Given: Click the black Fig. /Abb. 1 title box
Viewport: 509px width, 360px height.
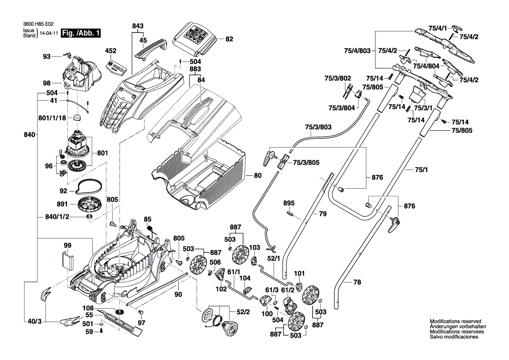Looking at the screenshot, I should [81, 33].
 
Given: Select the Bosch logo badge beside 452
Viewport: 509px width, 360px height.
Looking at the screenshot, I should [118, 67].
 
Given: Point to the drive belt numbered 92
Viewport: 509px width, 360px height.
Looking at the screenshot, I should [89, 188].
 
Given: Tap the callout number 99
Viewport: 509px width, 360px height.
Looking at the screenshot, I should [67, 246].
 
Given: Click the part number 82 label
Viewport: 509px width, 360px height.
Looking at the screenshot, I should [229, 39].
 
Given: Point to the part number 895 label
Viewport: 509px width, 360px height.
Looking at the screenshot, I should [289, 203].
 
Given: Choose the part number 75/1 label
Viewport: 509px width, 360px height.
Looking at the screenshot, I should [419, 170].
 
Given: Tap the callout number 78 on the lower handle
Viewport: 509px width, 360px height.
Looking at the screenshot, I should [357, 282].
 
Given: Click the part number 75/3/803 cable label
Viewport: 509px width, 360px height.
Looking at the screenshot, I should [318, 127].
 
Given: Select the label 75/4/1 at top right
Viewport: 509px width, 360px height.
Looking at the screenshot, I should [437, 28].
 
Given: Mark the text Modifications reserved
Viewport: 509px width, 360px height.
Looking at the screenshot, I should [455, 321].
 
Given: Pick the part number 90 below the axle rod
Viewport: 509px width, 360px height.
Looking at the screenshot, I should [178, 295].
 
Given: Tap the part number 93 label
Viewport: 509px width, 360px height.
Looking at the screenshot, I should [47, 56].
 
